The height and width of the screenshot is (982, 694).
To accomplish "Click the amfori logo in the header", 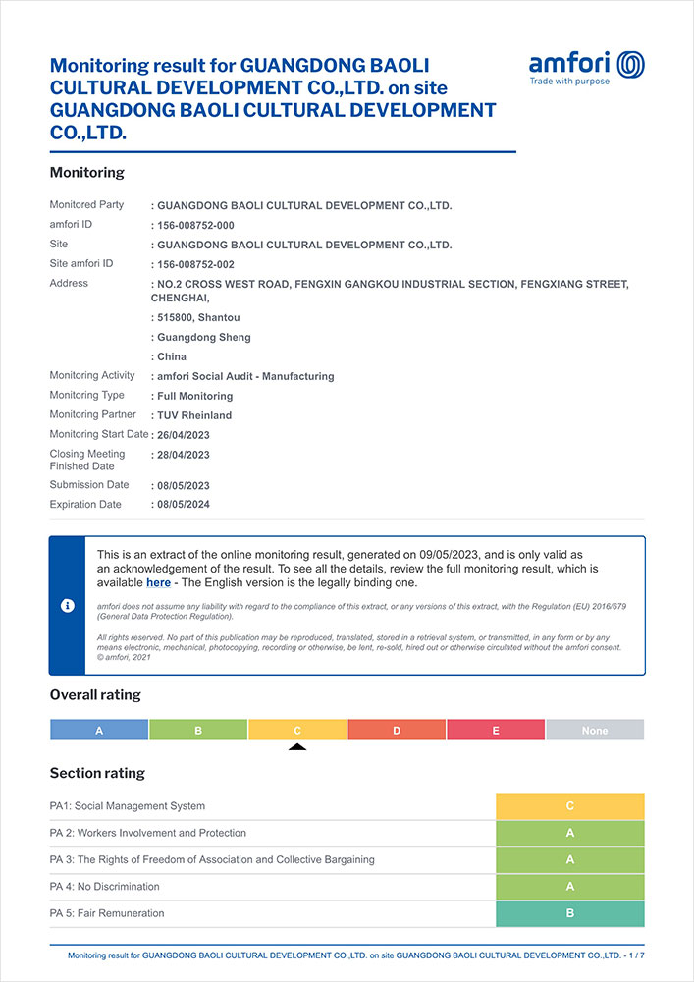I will point(586,67).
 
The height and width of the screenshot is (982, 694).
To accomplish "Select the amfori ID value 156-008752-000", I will point(196,225).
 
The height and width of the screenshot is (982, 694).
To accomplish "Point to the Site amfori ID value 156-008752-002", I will point(196,264).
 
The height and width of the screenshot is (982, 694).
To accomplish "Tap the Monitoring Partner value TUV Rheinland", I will point(194,415).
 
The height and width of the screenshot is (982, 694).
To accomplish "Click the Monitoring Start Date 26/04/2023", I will point(184,435).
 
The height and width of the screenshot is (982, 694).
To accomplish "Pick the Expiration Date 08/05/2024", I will point(184,505).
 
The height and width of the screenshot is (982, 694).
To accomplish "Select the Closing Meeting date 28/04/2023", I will point(184,455).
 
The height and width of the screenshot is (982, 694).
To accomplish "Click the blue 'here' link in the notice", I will point(158,582).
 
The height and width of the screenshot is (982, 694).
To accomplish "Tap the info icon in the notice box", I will point(68,606).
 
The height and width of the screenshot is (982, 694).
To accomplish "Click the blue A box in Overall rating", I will point(99,731).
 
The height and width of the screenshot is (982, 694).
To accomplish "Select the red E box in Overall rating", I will point(496,731).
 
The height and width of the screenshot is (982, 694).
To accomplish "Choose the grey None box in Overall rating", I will point(595,731).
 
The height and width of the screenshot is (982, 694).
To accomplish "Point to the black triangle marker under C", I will point(297,747).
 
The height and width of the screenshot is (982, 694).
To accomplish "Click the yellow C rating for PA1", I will point(570,806).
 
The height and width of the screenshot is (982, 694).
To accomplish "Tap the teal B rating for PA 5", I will point(570,914).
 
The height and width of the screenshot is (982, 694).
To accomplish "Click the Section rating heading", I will point(97,773).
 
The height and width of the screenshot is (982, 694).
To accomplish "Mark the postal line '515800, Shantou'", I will point(198,317).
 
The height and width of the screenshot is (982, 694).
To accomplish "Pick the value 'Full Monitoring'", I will point(194,396).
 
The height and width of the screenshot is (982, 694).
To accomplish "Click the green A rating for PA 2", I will point(570,833).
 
